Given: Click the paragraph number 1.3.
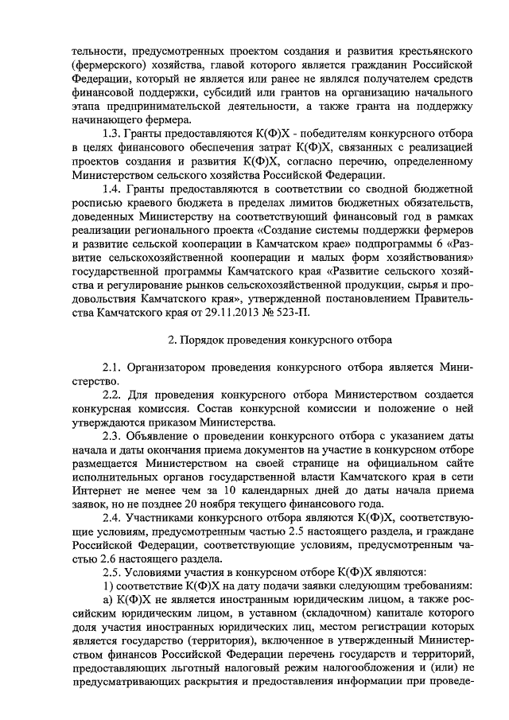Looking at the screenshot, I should point(112,133).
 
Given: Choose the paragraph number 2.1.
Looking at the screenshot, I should point(112,368).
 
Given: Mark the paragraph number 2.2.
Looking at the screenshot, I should point(112,395).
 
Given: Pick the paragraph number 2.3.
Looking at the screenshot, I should point(112,438).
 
